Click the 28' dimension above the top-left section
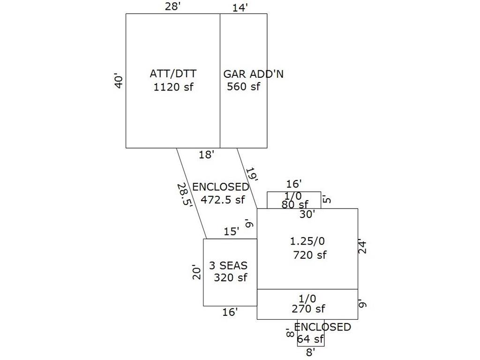coord(172,7)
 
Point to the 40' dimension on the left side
coord(119,80)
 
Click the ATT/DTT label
coord(173,74)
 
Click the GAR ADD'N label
coord(253,74)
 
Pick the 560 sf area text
coord(243,86)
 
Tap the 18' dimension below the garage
coord(206,155)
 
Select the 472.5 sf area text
coord(223,199)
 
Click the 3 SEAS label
coord(228,266)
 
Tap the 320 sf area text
coord(230,277)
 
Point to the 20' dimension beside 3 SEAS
coord(197,272)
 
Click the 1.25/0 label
coord(307,241)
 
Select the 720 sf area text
coord(310,255)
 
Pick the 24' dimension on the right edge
coord(362,247)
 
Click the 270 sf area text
coord(308,309)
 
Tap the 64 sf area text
coord(310,339)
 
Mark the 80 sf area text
coord(295,204)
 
